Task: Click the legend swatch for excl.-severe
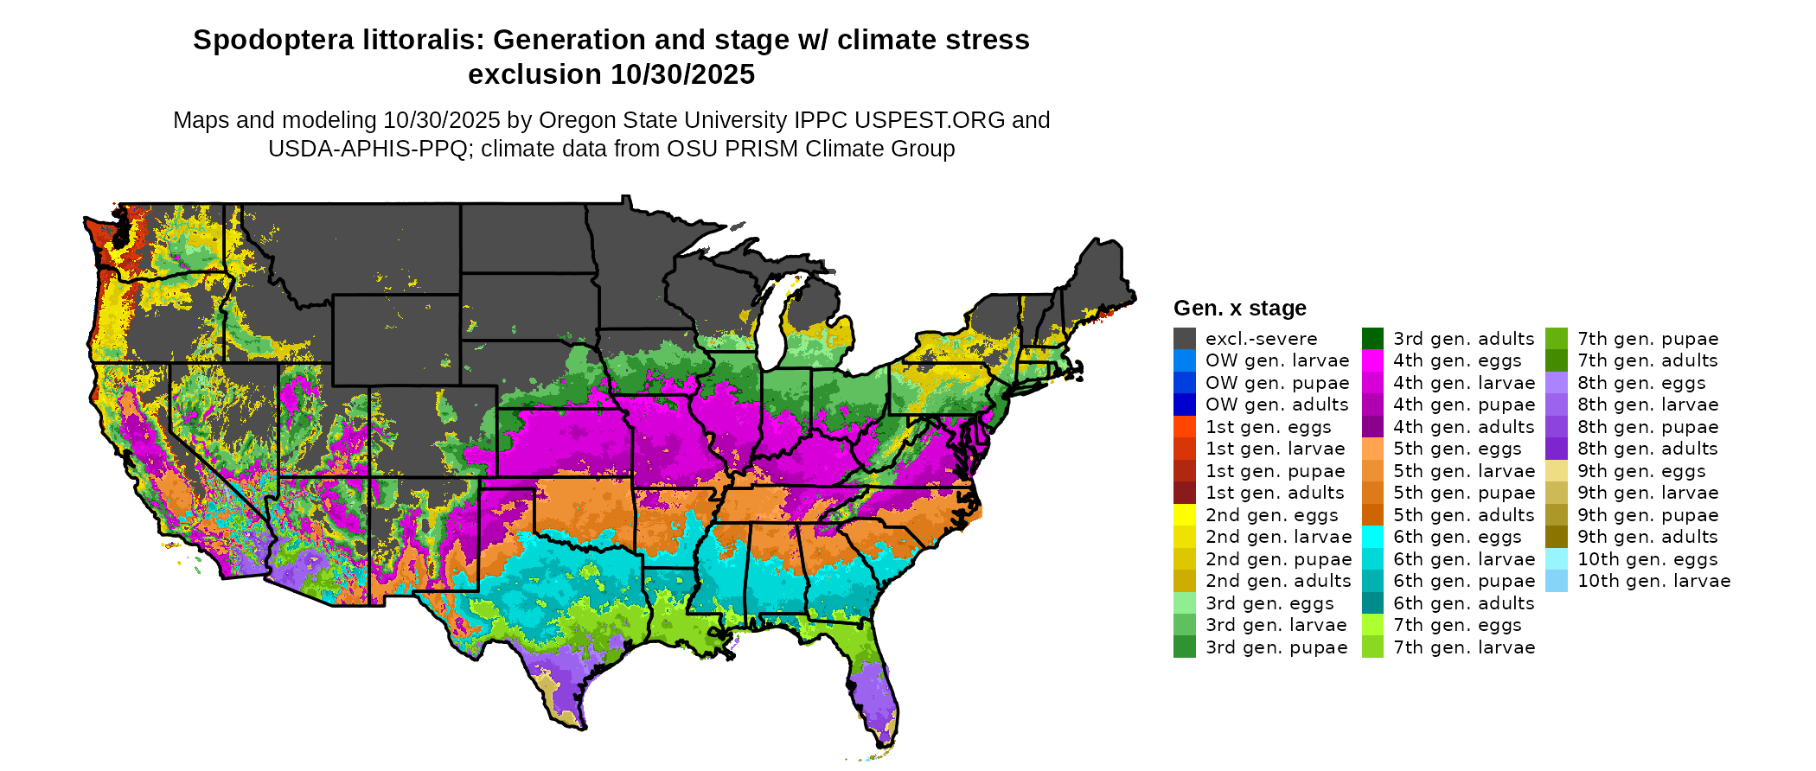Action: coord(1184,339)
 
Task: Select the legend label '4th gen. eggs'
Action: coord(1457,360)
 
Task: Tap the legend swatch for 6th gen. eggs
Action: coord(1372,537)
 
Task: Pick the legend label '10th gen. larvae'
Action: coord(1653,581)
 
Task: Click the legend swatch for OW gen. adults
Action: coord(1184,405)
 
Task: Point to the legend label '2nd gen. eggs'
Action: coord(1271,515)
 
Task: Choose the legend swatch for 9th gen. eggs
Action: coord(1557,471)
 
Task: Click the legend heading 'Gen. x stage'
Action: coord(1239,309)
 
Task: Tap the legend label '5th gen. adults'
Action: coord(1463,515)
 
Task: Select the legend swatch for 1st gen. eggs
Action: coord(1184,427)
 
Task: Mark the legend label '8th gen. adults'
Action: coord(1647,449)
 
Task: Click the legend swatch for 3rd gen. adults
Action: coord(1372,339)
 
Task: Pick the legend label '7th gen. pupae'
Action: coord(1647,339)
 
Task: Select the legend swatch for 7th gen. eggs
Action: coord(1372,625)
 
